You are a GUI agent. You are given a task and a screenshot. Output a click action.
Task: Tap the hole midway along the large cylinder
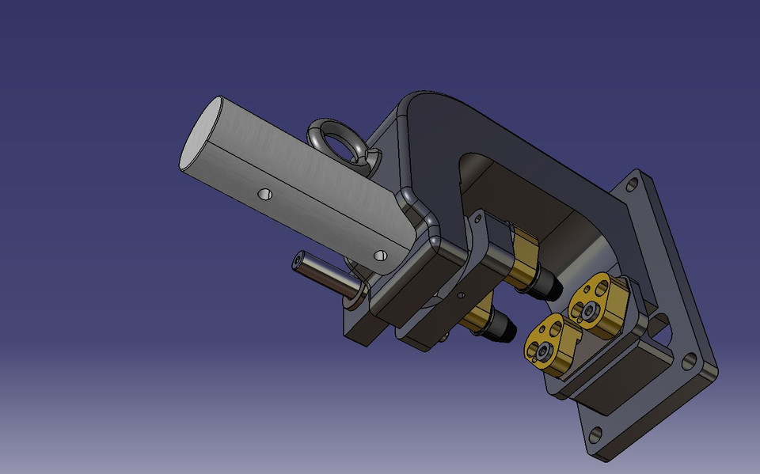point(264,194)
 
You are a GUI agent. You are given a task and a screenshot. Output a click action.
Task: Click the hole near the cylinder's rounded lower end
point(380,256)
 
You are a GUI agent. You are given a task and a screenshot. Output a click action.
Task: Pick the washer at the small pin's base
point(354,295)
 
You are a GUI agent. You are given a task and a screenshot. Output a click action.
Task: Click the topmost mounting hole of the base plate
point(633,185)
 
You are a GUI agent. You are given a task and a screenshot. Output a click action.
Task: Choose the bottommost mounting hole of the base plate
point(595,434)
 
